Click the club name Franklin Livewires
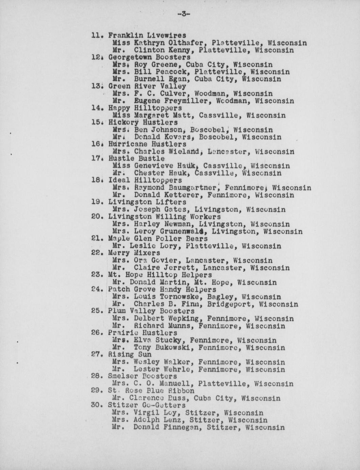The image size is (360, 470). click(x=147, y=35)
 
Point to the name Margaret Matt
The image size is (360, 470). click(x=162, y=115)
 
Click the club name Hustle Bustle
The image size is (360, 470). click(x=136, y=159)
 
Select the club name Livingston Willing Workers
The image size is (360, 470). click(x=164, y=217)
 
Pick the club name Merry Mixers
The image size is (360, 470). click(x=134, y=253)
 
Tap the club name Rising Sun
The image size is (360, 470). click(x=130, y=355)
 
